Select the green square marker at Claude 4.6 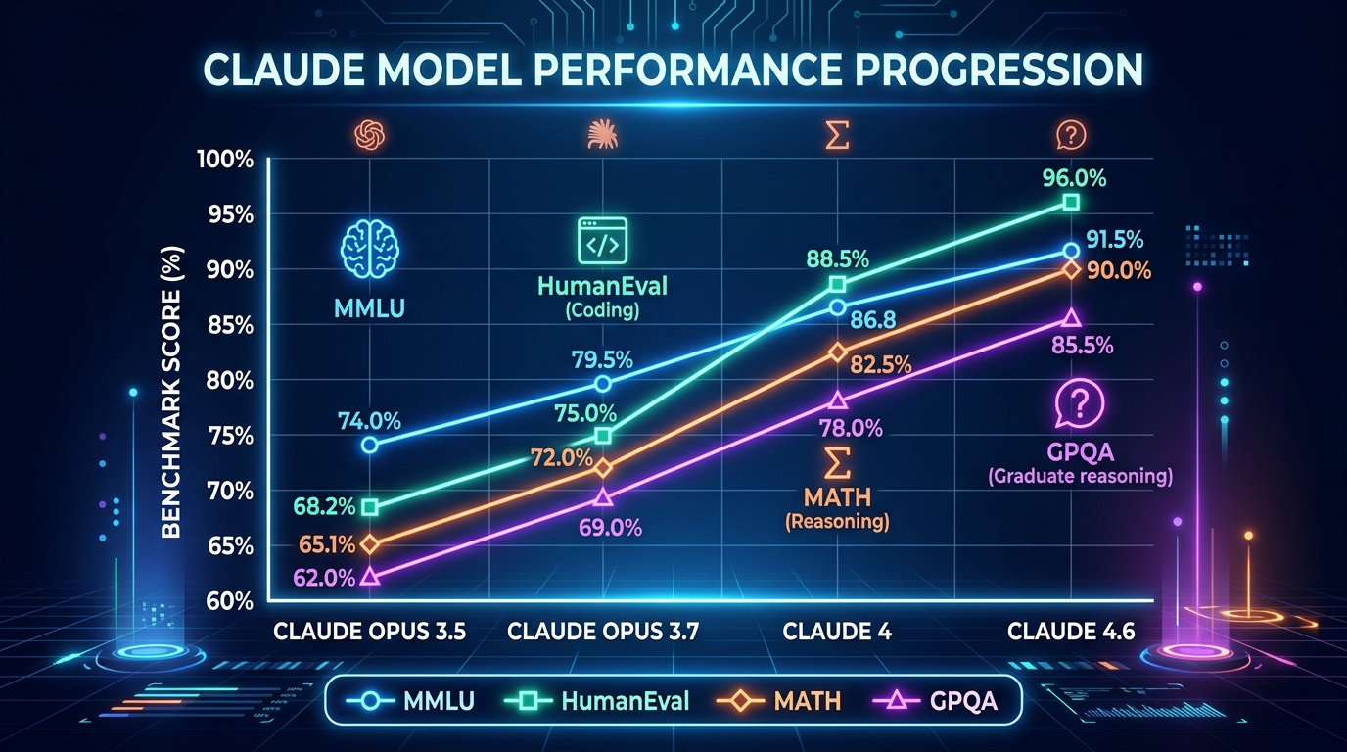[1071, 203]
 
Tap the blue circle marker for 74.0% [369, 445]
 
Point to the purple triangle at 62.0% [369, 577]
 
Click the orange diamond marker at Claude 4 [837, 352]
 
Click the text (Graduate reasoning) [1080, 477]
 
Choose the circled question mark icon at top [1070, 135]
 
